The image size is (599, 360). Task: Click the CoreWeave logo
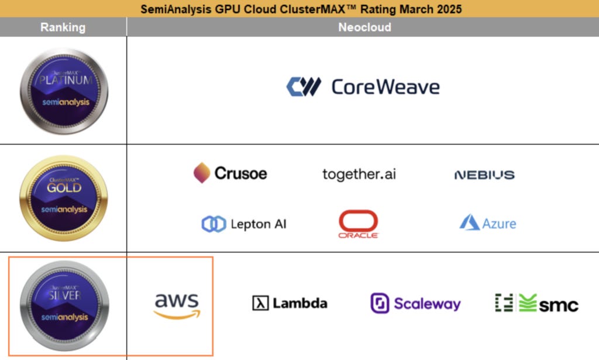coord(363,87)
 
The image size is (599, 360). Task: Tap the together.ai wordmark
coord(359,174)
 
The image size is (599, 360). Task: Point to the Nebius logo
coord(484,174)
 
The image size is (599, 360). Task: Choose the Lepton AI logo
coord(244,224)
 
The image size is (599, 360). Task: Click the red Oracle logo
coord(358,224)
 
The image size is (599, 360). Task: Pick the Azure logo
coord(488,223)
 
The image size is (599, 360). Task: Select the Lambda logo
coord(290,303)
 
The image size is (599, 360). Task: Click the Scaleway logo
coord(415,303)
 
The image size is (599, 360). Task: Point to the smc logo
coord(536,303)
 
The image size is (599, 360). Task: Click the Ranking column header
coord(63,28)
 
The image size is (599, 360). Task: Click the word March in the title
coord(404,9)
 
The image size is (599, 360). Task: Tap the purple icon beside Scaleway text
coord(380,303)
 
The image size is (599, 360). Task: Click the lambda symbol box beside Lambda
coord(260,303)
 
